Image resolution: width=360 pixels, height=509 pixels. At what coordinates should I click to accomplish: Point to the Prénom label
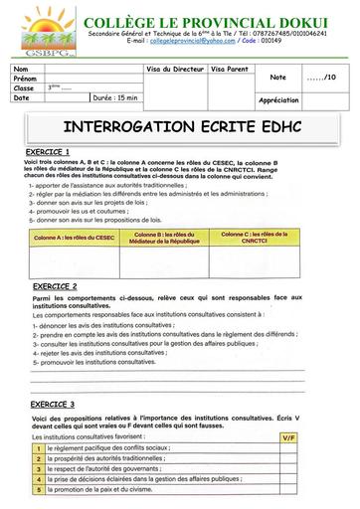(25, 78)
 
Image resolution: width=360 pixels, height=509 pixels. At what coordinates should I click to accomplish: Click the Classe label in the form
(24, 87)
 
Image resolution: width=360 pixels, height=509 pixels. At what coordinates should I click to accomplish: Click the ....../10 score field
(323, 78)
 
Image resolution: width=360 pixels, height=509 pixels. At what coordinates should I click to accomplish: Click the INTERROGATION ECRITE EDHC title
(179, 128)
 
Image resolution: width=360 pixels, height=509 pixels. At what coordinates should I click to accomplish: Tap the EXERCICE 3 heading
(53, 406)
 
